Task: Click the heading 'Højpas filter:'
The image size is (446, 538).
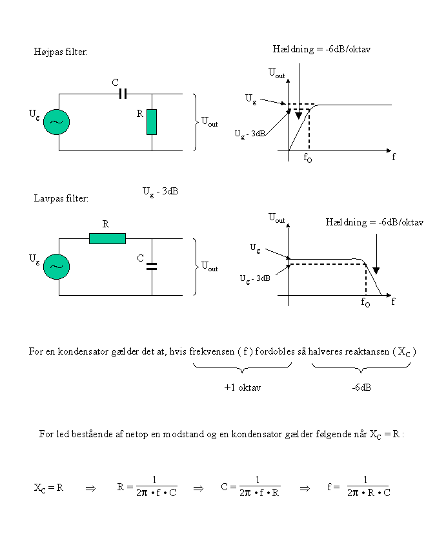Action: [60, 52]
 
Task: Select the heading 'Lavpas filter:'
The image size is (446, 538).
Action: [61, 198]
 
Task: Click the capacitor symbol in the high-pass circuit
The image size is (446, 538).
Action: [123, 94]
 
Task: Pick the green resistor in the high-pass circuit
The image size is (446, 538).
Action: [152, 121]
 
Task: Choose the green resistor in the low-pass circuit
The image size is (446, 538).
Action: [107, 238]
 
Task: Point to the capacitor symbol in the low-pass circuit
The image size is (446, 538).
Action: [152, 266]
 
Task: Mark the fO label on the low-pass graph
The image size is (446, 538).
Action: [365, 302]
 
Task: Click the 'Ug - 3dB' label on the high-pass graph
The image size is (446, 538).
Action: [249, 134]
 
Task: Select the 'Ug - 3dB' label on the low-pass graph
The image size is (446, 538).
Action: [255, 278]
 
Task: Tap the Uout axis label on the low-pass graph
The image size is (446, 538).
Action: [277, 219]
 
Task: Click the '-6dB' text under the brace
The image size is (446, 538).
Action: [361, 388]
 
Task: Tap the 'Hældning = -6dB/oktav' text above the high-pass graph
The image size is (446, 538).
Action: [321, 49]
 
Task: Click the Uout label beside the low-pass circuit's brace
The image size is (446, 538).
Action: [210, 265]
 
